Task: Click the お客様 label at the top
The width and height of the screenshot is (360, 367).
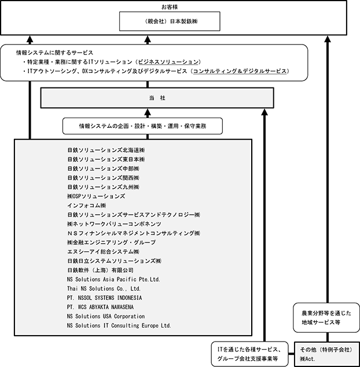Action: [170, 7]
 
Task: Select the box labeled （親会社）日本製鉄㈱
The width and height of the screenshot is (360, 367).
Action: [170, 21]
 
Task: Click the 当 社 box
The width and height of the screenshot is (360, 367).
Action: [157, 98]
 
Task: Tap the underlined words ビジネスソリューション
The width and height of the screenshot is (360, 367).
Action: [168, 62]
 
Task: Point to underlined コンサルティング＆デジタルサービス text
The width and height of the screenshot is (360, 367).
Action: [240, 71]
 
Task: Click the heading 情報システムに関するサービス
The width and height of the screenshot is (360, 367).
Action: [54, 53]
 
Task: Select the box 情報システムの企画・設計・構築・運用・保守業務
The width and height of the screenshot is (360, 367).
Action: [142, 126]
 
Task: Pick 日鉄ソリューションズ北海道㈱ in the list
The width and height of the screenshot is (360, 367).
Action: [106, 150]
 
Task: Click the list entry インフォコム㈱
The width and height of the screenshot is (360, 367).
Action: [87, 205]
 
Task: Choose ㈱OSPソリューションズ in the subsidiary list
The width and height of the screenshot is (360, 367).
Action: [96, 196]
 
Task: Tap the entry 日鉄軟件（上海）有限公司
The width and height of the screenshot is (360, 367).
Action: [100, 270]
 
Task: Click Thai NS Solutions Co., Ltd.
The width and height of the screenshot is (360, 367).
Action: [104, 289]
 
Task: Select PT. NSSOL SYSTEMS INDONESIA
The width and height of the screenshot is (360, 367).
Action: [104, 298]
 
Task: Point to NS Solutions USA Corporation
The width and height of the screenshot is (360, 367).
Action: [106, 316]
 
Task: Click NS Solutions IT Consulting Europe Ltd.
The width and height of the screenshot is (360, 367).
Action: [119, 325]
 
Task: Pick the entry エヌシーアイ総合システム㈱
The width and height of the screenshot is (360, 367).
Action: [103, 252]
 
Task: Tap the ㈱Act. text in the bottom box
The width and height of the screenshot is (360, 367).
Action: [308, 358]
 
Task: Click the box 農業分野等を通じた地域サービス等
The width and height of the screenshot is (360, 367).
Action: [326, 318]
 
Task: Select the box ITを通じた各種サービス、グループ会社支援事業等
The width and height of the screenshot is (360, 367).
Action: [250, 354]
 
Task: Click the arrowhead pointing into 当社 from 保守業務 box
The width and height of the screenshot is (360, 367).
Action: [148, 113]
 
